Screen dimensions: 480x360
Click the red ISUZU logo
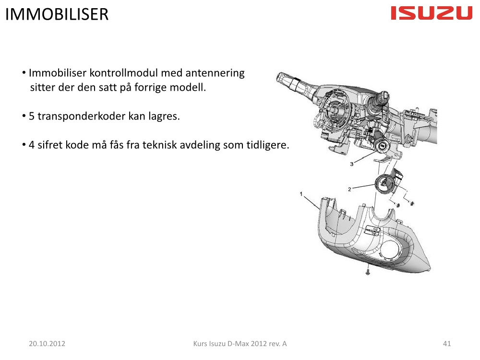pos(432,13)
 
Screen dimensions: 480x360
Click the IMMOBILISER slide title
pos(57,14)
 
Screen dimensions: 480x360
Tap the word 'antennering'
pos(215,73)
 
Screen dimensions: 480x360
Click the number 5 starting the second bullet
pos(32,116)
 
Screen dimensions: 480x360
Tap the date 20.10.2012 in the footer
pos(47,344)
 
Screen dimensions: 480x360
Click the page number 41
pos(447,344)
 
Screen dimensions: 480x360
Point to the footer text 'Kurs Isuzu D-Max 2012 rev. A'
pos(240,344)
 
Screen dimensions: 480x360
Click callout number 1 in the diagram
pos(301,194)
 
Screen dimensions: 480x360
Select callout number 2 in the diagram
pos(349,189)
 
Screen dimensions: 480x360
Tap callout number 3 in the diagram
pos(352,164)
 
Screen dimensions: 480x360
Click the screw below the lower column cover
pos(368,271)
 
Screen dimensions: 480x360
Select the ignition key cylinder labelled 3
pos(383,146)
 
